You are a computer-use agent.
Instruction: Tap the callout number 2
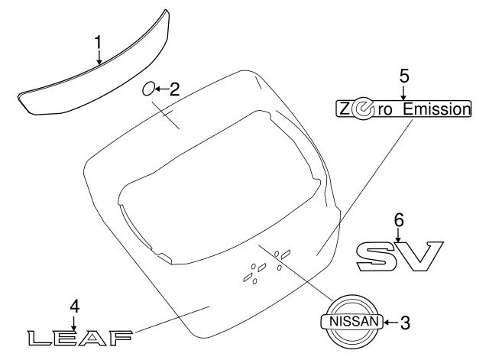[x=174, y=89]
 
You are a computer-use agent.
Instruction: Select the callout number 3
[x=405, y=323]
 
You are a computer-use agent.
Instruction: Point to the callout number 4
[x=74, y=306]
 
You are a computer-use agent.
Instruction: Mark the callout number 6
[x=398, y=219]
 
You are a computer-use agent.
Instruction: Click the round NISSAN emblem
[x=353, y=322]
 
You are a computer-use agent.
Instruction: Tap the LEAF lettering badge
[x=79, y=336]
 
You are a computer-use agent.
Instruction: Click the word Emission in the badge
[x=433, y=109]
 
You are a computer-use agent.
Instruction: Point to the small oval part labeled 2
[x=148, y=89]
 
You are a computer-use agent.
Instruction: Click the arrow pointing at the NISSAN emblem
[x=390, y=323]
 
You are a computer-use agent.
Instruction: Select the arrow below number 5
[x=404, y=92]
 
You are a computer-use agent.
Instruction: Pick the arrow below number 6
[x=398, y=235]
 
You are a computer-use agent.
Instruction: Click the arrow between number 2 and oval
[x=161, y=89]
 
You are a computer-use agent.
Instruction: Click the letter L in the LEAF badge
[x=38, y=336]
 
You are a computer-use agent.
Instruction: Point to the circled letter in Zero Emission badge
[x=364, y=110]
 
